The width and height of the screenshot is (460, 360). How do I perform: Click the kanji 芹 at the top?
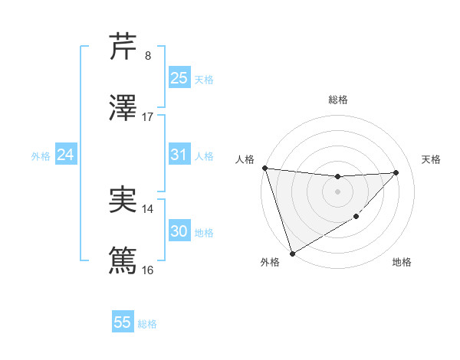tap(123, 47)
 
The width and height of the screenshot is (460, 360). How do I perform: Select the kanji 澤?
tap(123, 108)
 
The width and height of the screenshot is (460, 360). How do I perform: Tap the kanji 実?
tap(123, 200)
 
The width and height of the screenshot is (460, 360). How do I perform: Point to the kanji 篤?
tap(123, 260)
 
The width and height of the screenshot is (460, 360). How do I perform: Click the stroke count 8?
tap(148, 56)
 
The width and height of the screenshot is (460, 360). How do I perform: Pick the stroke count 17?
tap(148, 117)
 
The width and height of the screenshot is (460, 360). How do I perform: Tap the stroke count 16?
tap(148, 270)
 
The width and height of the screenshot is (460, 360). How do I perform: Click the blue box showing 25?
tap(179, 78)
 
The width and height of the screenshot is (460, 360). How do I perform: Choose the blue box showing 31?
tap(179, 155)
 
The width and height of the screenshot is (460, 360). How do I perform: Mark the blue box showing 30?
tap(179, 231)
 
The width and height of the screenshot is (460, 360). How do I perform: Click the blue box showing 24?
tap(65, 155)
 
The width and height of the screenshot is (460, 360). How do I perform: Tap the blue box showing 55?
tap(123, 322)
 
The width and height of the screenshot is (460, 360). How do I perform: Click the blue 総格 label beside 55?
tap(147, 324)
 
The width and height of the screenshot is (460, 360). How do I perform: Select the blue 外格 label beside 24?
tap(41, 156)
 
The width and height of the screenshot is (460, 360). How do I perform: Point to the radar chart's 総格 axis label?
tap(337, 100)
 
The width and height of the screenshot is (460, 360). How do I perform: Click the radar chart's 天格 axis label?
tap(432, 159)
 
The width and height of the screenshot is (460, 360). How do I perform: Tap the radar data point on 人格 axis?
tap(264, 168)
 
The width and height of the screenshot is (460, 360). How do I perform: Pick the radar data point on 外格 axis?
tap(292, 253)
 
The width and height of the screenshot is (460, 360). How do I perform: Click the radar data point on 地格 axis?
tap(356, 218)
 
